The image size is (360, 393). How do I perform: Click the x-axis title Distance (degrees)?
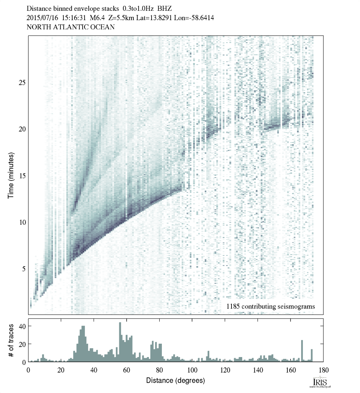[176, 380]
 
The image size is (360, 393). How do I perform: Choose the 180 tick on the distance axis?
[324, 370]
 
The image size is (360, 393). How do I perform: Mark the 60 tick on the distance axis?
[127, 370]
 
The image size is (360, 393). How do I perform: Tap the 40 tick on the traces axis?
[22, 326]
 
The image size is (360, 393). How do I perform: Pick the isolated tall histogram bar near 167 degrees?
[302, 351]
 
